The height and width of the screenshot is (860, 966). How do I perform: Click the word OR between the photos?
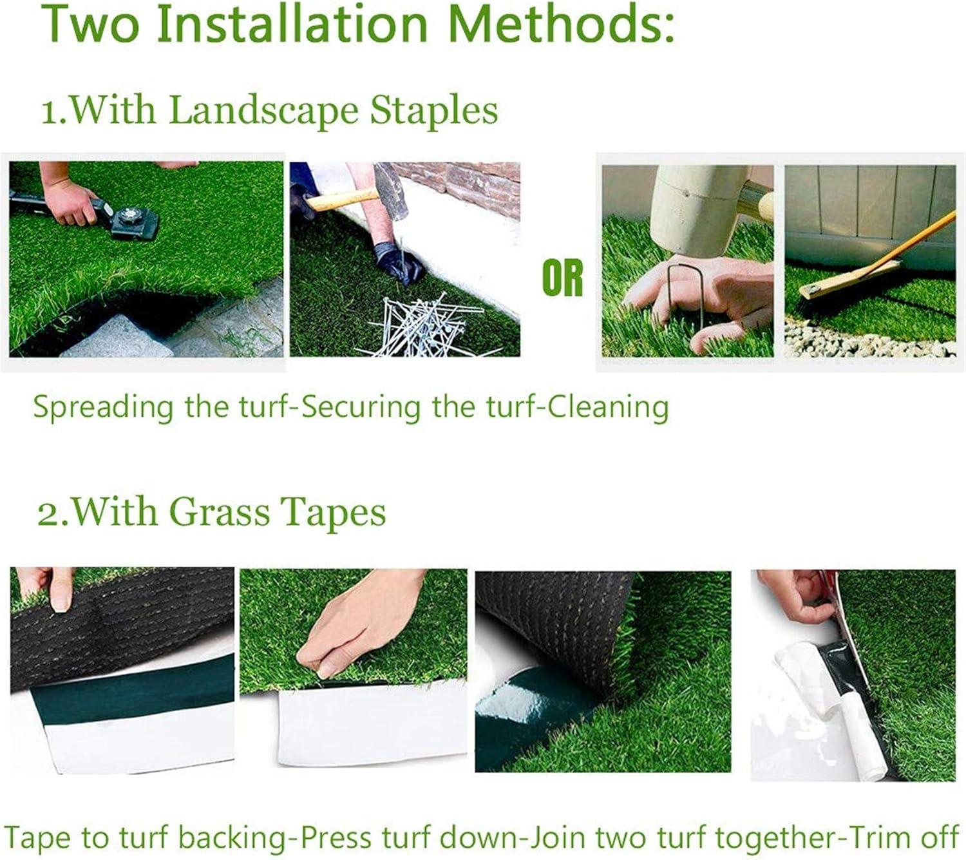click(x=562, y=278)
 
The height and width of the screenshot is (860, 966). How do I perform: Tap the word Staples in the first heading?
click(x=433, y=110)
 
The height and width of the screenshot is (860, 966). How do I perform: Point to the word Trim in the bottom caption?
click(x=880, y=838)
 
